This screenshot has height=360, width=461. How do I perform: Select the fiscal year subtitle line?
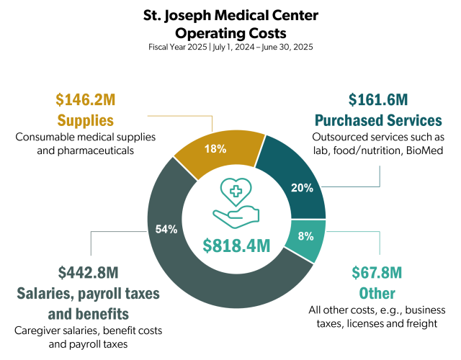[230, 47]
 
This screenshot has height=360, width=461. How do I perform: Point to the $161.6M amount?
[376, 100]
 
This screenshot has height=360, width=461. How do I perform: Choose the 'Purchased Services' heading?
[376, 120]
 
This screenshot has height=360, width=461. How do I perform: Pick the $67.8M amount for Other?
[377, 273]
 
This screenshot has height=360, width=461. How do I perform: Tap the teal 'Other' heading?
[377, 293]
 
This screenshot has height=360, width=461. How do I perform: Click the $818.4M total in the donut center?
[236, 246]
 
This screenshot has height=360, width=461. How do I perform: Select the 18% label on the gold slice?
[215, 149]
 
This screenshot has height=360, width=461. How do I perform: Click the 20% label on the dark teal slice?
[302, 188]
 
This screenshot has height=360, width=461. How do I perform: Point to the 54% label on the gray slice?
[167, 229]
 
